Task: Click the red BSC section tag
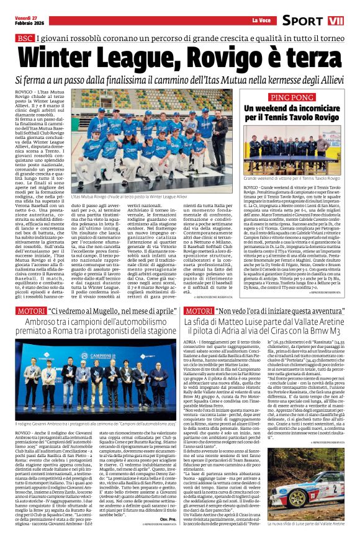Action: coord(24,38)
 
